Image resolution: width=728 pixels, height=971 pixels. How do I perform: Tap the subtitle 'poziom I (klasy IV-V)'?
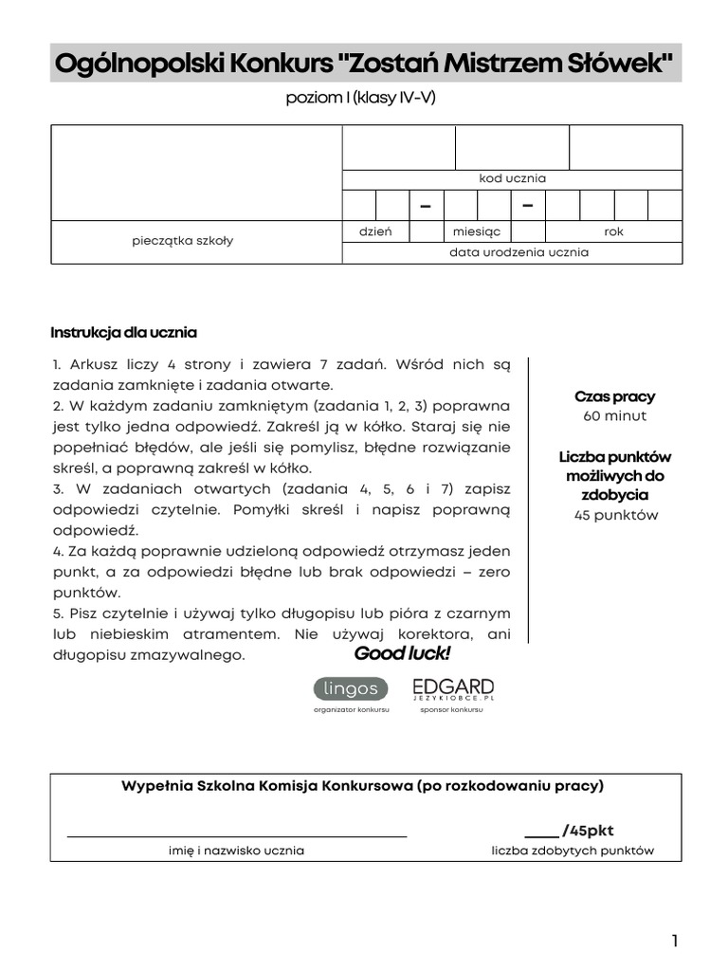(x=361, y=99)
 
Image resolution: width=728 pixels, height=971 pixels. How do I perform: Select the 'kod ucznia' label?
(x=512, y=178)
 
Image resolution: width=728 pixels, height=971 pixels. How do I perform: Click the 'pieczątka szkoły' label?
(x=182, y=241)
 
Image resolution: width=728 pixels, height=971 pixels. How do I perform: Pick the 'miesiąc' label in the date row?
(x=477, y=231)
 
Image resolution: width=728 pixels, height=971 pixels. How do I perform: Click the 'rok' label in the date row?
(x=613, y=231)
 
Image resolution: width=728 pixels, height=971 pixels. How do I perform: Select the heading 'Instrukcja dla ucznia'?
(x=123, y=333)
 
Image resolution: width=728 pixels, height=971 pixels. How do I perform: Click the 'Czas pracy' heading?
(x=614, y=396)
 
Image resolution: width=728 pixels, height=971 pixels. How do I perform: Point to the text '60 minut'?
(x=614, y=416)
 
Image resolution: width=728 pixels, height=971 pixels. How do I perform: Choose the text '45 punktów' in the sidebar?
(x=614, y=516)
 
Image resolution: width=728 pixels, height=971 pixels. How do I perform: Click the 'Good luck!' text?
(x=402, y=654)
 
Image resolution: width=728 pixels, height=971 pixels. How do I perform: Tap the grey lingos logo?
(x=351, y=689)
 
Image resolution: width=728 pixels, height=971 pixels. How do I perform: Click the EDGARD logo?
(x=452, y=688)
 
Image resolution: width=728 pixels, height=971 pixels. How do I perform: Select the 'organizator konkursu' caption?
(x=351, y=709)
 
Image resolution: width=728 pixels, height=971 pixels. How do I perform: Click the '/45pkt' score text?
(x=588, y=831)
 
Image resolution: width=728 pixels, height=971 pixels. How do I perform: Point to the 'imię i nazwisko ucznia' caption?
(x=236, y=851)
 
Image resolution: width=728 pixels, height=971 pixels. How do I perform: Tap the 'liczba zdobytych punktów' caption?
(x=573, y=851)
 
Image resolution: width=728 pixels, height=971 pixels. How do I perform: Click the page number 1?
(x=674, y=941)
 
